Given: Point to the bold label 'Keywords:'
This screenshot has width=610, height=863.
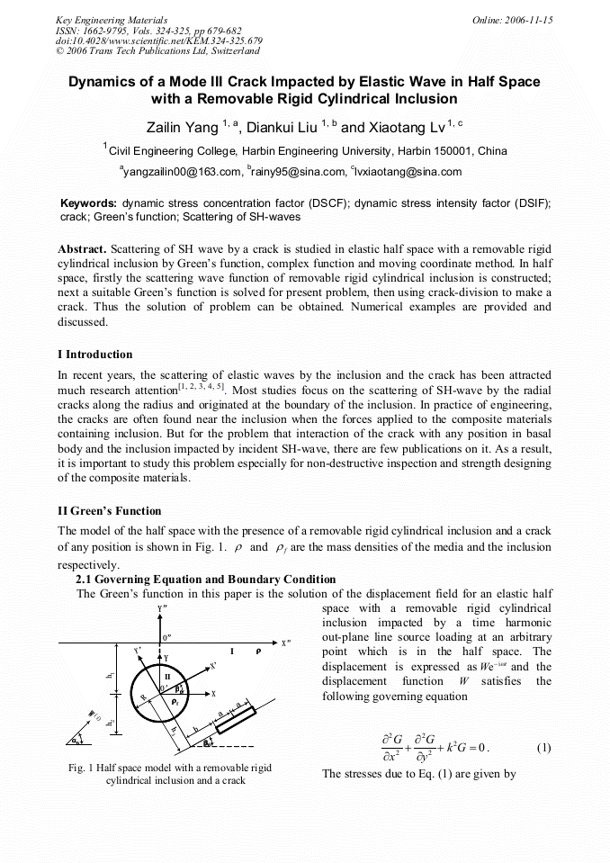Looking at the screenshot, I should pyautogui.click(x=87, y=204).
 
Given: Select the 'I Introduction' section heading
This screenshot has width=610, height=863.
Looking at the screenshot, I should pyautogui.click(x=94, y=354).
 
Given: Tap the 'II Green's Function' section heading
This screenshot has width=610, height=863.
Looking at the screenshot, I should pyautogui.click(x=109, y=511).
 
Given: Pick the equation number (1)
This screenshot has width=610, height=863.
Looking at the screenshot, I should pyautogui.click(x=543, y=748).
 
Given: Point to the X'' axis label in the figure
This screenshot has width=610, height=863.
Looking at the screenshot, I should pyautogui.click(x=287, y=643).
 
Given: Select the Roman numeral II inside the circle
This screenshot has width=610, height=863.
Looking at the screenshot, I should pyautogui.click(x=166, y=673).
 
